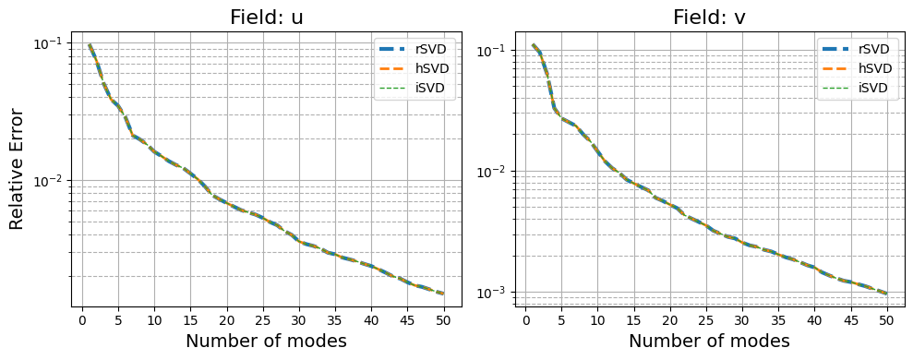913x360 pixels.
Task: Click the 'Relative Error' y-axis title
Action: pyautogui.click(x=17, y=169)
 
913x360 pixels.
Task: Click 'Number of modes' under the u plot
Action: pyautogui.click(x=266, y=342)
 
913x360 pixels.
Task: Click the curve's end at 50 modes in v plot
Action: pyautogui.click(x=886, y=294)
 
